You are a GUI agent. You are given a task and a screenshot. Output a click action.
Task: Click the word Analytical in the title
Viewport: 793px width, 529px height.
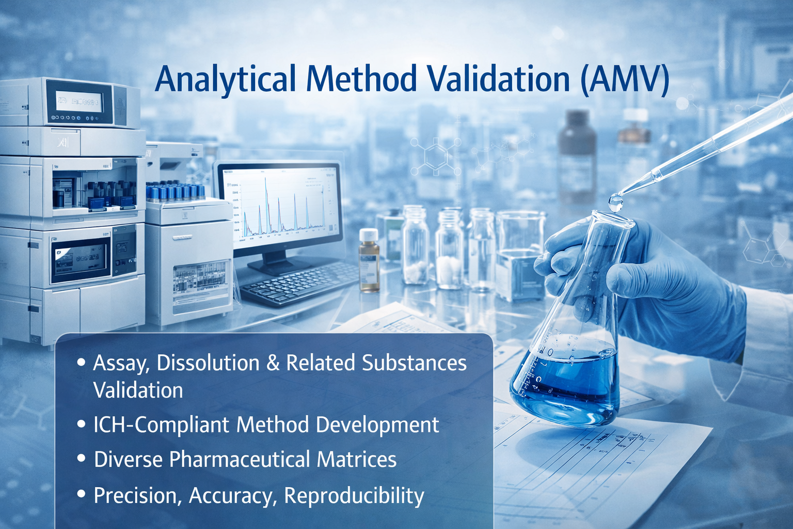tap(226, 80)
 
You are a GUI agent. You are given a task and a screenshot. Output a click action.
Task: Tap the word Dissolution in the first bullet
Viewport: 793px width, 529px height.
tap(208, 363)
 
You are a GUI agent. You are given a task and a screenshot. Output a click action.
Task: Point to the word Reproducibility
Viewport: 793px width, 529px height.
tap(354, 495)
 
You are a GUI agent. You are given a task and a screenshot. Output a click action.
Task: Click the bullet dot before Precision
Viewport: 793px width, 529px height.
tap(81, 494)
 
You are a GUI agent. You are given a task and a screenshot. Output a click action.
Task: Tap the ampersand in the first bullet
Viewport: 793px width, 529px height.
tap(273, 363)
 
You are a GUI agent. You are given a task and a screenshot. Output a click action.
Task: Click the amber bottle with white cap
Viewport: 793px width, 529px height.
tap(369, 261)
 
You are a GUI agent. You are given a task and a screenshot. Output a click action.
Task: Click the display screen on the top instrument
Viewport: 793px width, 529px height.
tap(79, 102)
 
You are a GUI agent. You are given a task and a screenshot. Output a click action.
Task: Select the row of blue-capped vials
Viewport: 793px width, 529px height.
tap(176, 192)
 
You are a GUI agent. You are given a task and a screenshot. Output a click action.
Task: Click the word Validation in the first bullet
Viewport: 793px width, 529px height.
tap(138, 391)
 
